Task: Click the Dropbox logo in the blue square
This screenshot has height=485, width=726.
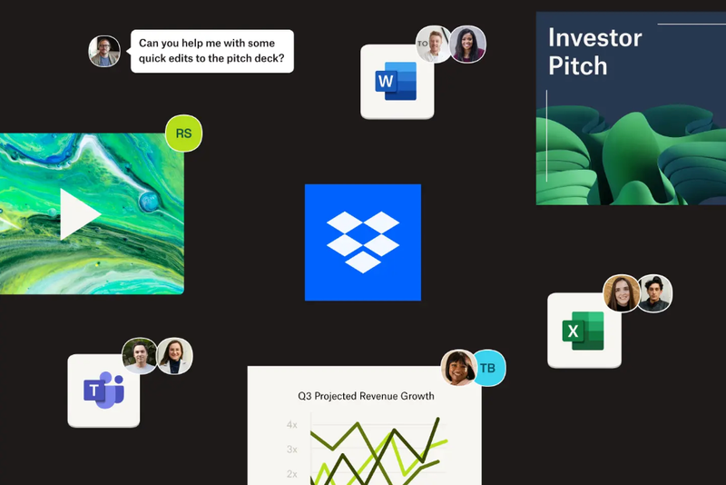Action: click(x=363, y=242)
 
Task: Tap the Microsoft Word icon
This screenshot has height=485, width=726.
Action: click(x=397, y=82)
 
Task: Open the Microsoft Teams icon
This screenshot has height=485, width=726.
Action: click(x=103, y=391)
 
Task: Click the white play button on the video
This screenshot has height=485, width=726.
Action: click(x=79, y=214)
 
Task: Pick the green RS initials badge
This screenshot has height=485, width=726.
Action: click(x=183, y=134)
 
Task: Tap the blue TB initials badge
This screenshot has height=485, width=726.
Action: click(x=487, y=368)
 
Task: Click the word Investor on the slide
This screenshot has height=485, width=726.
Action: click(x=594, y=38)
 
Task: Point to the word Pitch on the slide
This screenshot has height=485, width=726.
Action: click(x=578, y=66)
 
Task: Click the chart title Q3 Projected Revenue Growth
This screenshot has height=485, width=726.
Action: click(x=366, y=396)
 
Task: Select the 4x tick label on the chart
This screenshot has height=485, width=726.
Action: click(x=291, y=425)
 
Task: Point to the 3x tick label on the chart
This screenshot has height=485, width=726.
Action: click(x=291, y=450)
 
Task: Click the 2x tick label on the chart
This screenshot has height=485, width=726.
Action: click(x=291, y=474)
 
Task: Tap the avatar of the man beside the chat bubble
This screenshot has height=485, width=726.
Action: click(x=104, y=51)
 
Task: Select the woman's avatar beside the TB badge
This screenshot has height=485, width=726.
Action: click(x=458, y=367)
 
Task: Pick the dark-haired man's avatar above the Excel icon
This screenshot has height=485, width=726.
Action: click(x=653, y=293)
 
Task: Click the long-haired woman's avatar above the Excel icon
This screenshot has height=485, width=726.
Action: click(x=622, y=292)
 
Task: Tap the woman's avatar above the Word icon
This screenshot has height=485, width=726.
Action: click(x=467, y=44)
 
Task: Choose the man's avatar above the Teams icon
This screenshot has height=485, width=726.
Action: click(x=140, y=356)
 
